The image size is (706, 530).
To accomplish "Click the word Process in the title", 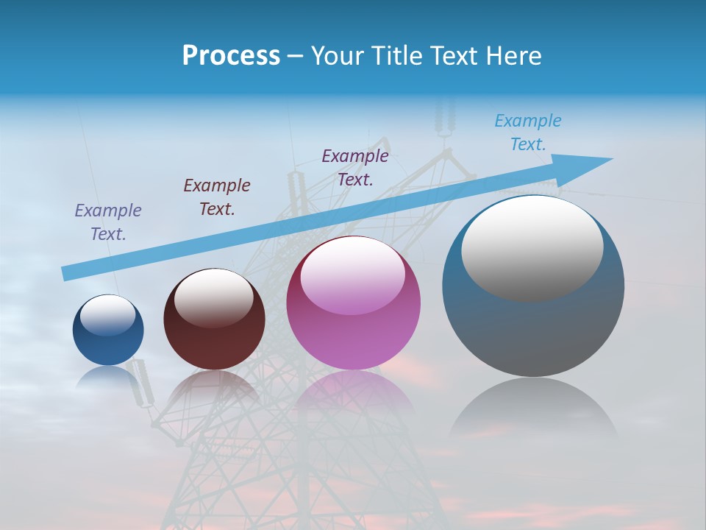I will coord(231,56).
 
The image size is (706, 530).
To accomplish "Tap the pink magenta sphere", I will coord(354,324).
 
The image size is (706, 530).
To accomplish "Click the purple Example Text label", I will coord(108,222).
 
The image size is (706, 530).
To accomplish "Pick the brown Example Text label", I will coord(217,197).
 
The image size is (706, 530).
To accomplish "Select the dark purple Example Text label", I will coord(355,168).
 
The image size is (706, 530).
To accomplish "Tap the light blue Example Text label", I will coord(528,132).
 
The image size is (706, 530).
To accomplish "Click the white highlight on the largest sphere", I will coord(532,247).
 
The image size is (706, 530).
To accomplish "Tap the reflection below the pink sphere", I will coord(354,394).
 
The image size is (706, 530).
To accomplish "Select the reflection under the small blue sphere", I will coord(108,377).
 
